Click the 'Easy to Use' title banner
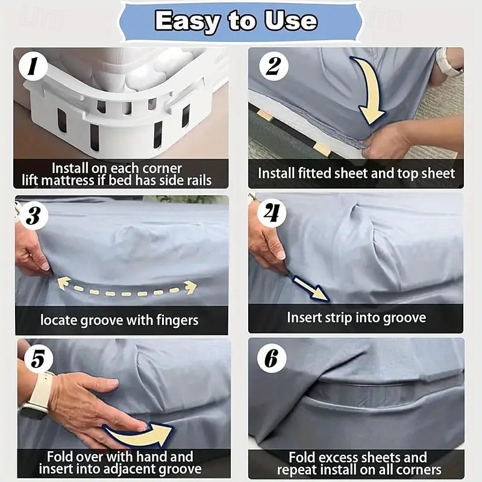tap(240, 22)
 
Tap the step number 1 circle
tap(33, 66)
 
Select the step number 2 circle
tap(274, 66)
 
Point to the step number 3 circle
tap(34, 215)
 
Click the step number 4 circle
tap(272, 213)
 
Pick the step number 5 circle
tap(38, 358)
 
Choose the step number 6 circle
tap(272, 358)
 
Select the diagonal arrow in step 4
tap(309, 288)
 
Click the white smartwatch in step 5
tap(37, 396)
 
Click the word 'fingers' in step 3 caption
tap(177, 321)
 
